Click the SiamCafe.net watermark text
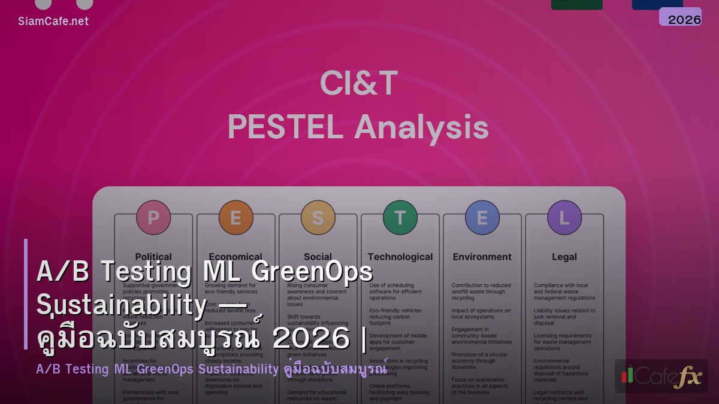(53, 21)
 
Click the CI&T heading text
(358, 84)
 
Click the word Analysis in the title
(421, 127)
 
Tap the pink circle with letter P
(153, 217)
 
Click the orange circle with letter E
(235, 217)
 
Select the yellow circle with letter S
(318, 217)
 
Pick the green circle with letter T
(400, 217)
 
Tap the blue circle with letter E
(482, 217)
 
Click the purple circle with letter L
(564, 217)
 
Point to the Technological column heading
(400, 257)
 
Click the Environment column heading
(482, 257)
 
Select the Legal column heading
(564, 257)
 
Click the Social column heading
(318, 257)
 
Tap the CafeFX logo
(661, 376)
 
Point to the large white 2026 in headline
(310, 338)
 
